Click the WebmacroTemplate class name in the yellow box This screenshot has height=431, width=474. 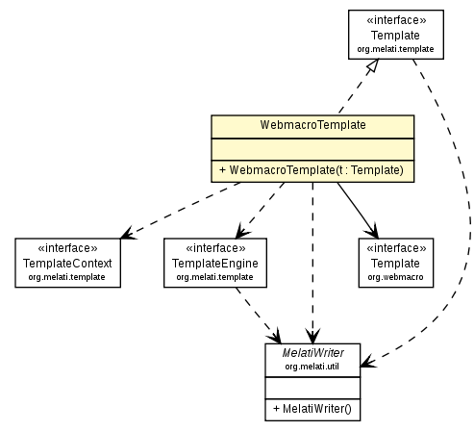click(312, 125)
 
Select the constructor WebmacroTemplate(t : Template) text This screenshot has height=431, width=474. click(312, 170)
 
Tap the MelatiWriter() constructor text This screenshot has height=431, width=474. click(312, 409)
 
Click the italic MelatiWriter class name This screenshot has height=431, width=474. click(312, 354)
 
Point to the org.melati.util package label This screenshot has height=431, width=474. click(312, 367)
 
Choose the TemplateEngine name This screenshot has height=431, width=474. click(214, 263)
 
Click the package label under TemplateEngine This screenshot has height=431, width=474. click(214, 277)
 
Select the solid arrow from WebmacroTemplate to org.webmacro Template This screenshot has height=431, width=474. click(357, 209)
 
